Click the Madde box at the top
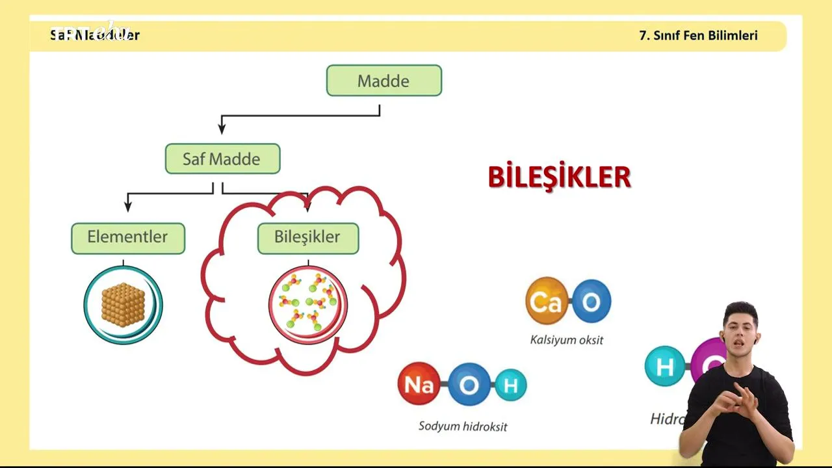tap(383, 81)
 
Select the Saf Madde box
tap(222, 159)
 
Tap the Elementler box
tap(128, 238)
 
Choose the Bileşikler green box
tap(307, 238)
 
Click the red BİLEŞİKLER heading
tap(559, 177)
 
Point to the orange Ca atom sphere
tap(547, 301)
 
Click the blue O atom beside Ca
tap(591, 301)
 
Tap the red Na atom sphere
tap(419, 384)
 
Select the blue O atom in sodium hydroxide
tap(468, 385)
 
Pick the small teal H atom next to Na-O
tap(510, 385)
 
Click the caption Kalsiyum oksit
tap(567, 340)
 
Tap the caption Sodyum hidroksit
tap(463, 426)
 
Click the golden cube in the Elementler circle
tap(123, 304)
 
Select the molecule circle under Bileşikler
tap(308, 305)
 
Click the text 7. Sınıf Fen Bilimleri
tap(699, 36)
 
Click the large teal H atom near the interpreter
tap(665, 367)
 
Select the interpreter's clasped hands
tap(734, 400)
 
